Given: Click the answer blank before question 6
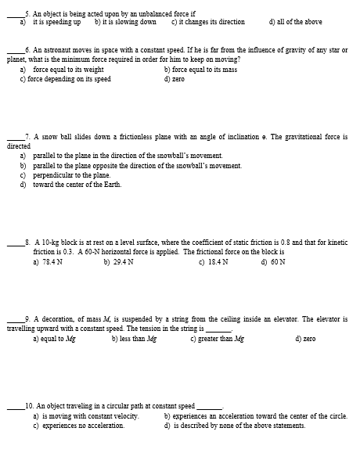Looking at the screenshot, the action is click(16, 49).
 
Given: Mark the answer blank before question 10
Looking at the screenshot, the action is click(16, 406).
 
